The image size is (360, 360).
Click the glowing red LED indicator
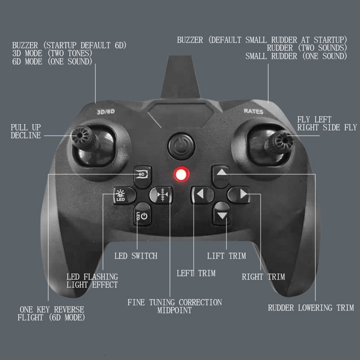181,174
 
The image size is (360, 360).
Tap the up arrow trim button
221,173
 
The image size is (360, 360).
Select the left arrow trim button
200,194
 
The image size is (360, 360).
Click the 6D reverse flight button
143,174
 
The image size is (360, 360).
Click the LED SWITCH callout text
135,256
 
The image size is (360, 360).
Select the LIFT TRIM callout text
226,256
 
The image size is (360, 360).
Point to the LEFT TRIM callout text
196,273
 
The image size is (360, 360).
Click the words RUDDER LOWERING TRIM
310,308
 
